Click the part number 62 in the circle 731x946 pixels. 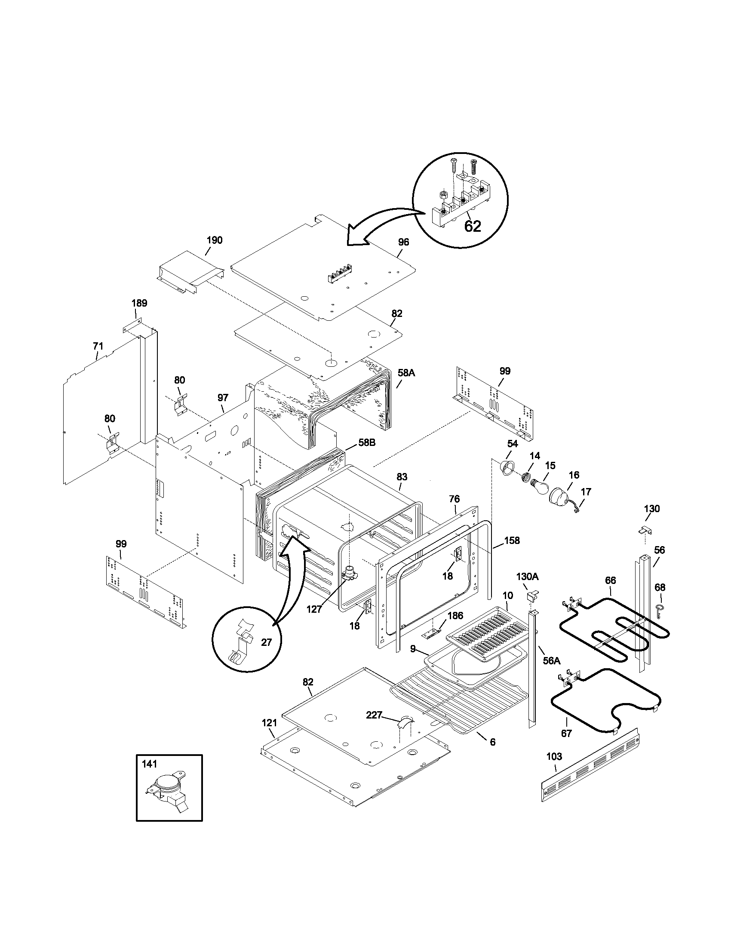pyautogui.click(x=473, y=226)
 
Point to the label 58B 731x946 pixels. pyautogui.click(x=367, y=442)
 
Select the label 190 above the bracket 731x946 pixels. pyautogui.click(x=215, y=240)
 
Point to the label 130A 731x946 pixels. pyautogui.click(x=527, y=577)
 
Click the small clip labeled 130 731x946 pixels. pyautogui.click(x=646, y=529)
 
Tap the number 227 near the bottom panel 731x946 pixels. pyautogui.click(x=374, y=715)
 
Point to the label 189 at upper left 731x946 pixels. pyautogui.click(x=139, y=303)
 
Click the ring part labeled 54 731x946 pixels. pyautogui.click(x=507, y=468)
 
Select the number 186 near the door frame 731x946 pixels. pyautogui.click(x=455, y=615)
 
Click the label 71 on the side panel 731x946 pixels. pyautogui.click(x=98, y=346)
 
